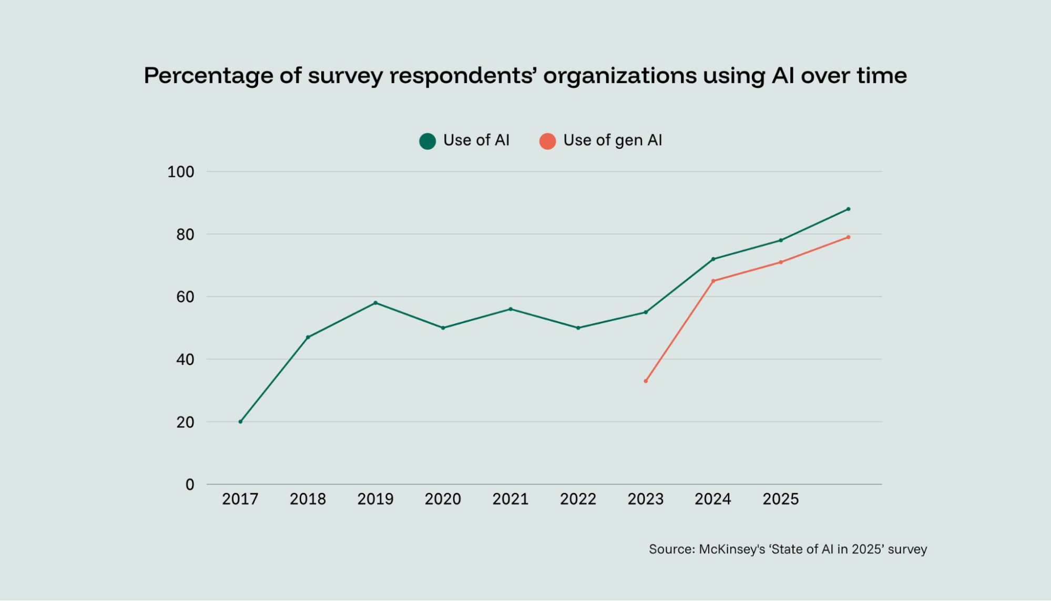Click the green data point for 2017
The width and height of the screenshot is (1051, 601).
tap(240, 422)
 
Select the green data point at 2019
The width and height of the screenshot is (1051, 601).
tap(375, 303)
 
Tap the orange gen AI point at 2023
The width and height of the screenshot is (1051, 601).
tap(646, 381)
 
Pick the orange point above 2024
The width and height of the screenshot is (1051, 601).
tap(713, 281)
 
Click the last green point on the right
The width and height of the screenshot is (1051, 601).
tap(848, 209)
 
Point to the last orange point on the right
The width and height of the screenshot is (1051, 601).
tap(848, 237)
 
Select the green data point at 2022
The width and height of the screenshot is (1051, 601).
tap(578, 328)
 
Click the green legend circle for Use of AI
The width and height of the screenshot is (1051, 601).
tap(427, 141)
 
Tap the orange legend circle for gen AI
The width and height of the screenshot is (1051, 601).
tap(547, 141)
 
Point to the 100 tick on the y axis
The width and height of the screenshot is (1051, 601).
tap(180, 172)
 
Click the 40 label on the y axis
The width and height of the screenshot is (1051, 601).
tap(185, 360)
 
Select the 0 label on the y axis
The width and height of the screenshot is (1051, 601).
tap(190, 485)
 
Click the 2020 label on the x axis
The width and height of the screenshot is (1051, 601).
tap(443, 499)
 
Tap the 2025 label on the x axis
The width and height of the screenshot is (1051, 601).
tap(780, 499)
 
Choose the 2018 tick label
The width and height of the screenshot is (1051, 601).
tap(308, 499)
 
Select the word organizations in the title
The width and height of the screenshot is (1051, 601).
tap(619, 76)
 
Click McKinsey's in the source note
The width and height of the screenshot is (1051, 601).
tap(731, 549)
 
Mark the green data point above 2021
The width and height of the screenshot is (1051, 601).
tap(511, 309)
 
